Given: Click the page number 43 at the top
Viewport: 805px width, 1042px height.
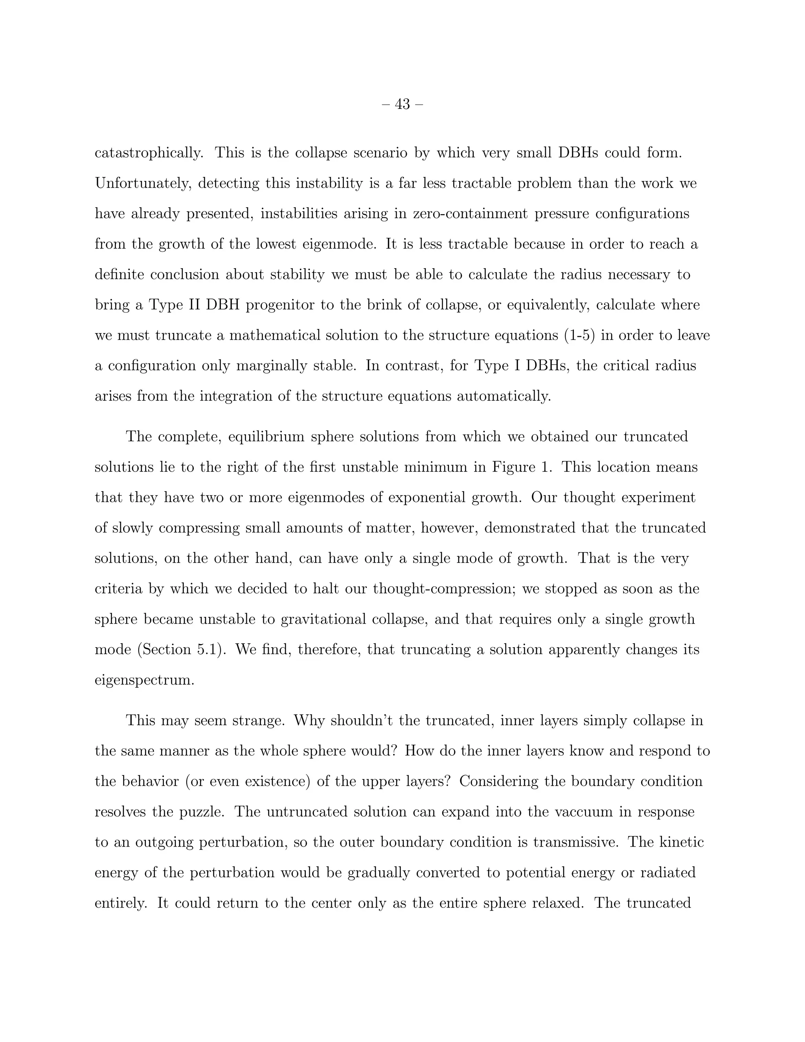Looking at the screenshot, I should pos(402,104).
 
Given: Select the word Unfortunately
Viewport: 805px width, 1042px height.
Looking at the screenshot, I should pos(143,184).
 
